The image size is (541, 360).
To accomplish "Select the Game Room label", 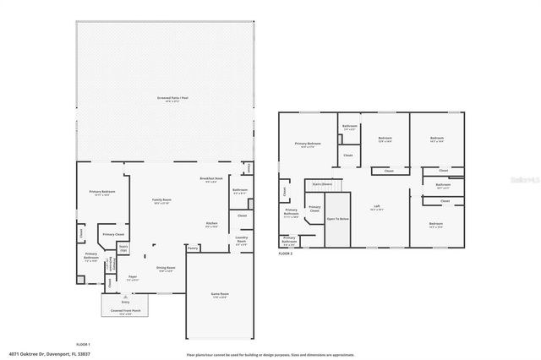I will [x=220, y=295].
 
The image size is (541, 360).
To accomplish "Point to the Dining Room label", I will [x=165, y=269].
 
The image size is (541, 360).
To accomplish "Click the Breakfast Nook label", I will [x=211, y=179].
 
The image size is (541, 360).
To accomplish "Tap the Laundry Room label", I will [x=241, y=241].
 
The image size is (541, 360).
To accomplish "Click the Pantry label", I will [x=193, y=248].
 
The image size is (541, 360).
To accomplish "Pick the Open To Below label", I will [x=338, y=219].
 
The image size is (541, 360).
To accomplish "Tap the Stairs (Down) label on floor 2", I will [x=322, y=183].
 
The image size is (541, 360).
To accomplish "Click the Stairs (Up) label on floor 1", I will [x=123, y=248].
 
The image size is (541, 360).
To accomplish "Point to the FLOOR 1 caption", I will [x=83, y=345].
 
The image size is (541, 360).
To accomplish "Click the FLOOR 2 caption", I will [x=286, y=253].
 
